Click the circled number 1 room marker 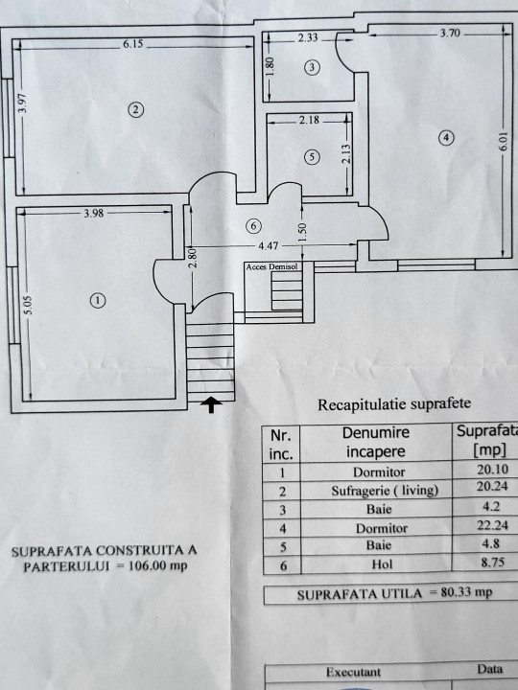pyautogui.click(x=98, y=301)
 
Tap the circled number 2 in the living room pyautogui.click(x=135, y=109)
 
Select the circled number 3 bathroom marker pyautogui.click(x=313, y=67)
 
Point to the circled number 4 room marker pyautogui.click(x=446, y=138)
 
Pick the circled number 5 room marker pyautogui.click(x=313, y=156)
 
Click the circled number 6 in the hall pyautogui.click(x=253, y=226)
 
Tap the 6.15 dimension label pyautogui.click(x=132, y=43)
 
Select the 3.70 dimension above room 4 pyautogui.click(x=450, y=33)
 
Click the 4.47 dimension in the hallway pyautogui.click(x=269, y=245)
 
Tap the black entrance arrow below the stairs pyautogui.click(x=211, y=404)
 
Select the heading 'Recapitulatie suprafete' pyautogui.click(x=394, y=404)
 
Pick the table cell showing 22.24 pyautogui.click(x=492, y=525)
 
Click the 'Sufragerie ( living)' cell pyautogui.click(x=385, y=491)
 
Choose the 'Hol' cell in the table pyautogui.click(x=382, y=563)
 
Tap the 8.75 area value pyautogui.click(x=492, y=562)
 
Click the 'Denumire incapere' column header pyautogui.click(x=376, y=442)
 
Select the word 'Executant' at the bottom pyautogui.click(x=353, y=672)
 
